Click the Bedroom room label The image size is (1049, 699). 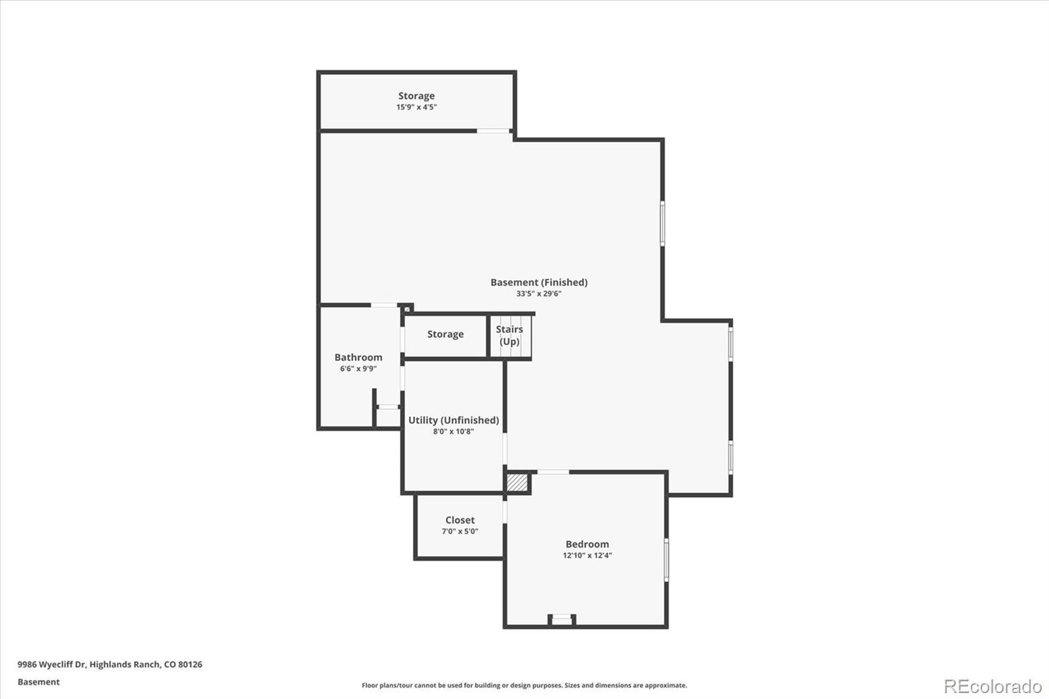(x=587, y=544)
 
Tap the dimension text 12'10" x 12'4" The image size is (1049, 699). (x=587, y=555)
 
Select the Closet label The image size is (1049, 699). (x=460, y=520)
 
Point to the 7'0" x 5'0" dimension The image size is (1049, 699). (x=460, y=531)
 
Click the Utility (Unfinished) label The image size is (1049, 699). (x=453, y=420)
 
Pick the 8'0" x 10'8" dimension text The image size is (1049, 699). (x=453, y=431)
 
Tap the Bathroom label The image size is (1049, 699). (x=358, y=357)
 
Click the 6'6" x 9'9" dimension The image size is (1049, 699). (x=358, y=369)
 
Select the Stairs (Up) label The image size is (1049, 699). (x=509, y=335)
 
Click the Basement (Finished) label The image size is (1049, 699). (x=539, y=282)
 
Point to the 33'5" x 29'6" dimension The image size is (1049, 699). (x=539, y=294)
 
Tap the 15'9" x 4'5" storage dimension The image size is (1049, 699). (x=416, y=107)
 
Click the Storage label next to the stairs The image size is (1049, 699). (x=445, y=334)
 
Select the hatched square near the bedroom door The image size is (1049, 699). (x=517, y=483)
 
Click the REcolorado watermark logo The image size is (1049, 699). (x=992, y=686)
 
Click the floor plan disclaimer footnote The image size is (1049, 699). (x=524, y=685)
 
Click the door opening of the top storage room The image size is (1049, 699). (x=493, y=131)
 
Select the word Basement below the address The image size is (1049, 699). (x=38, y=682)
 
